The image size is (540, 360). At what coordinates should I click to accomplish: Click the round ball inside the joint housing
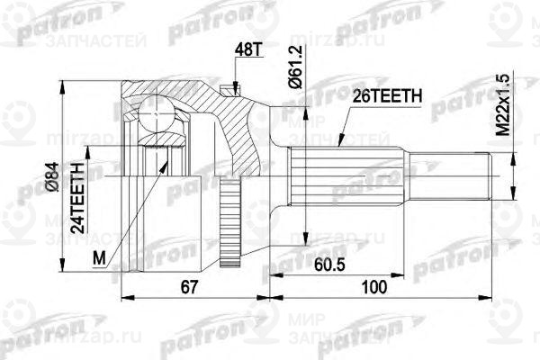coord(156,114)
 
